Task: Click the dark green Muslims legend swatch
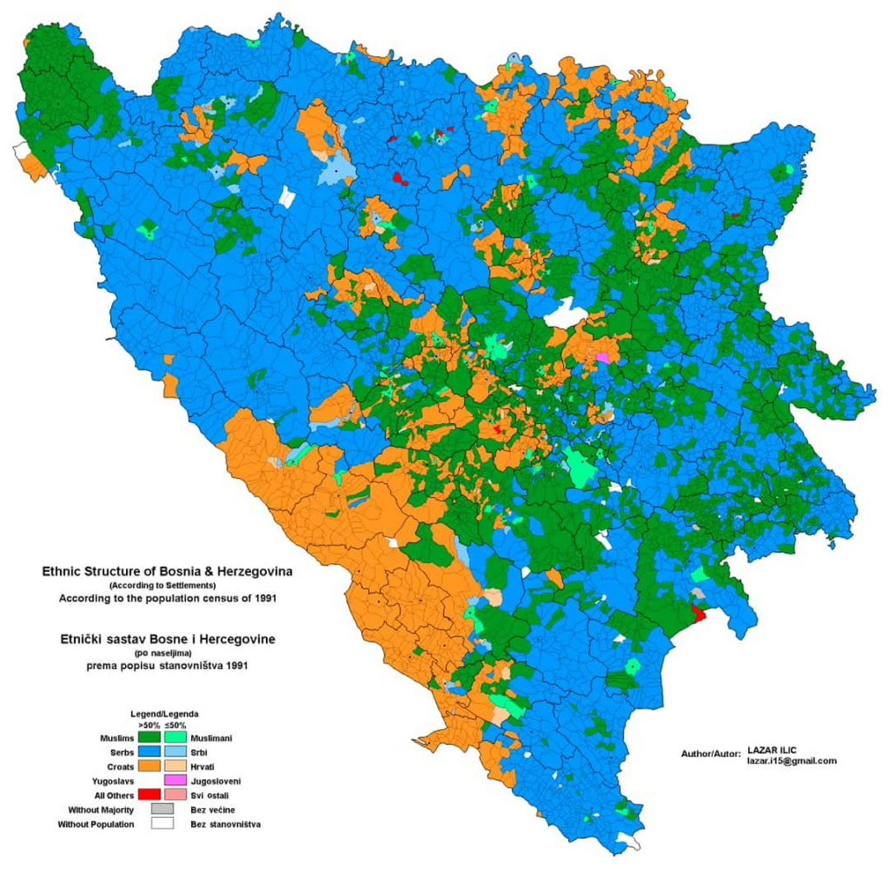point(149,738)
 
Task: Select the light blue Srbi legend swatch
point(176,752)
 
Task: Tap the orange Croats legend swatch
point(149,766)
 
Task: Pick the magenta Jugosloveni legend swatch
point(176,780)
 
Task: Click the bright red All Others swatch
point(149,794)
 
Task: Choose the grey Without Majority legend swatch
point(162,810)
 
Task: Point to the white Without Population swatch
point(162,824)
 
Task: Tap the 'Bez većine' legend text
point(212,810)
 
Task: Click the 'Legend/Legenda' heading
point(164,713)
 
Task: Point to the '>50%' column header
point(149,725)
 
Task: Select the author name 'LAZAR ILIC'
point(771,750)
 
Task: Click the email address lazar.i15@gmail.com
point(791,761)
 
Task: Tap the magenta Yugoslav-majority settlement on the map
point(604,358)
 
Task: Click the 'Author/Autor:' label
point(710,754)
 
